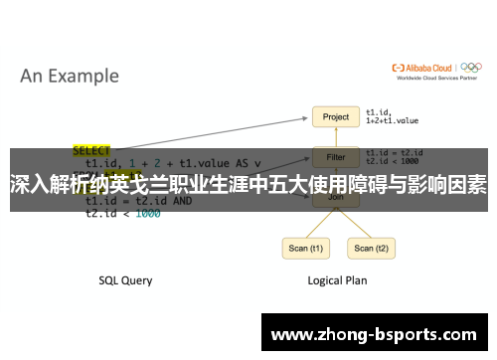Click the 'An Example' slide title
pos(70,76)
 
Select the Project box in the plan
pos(336,116)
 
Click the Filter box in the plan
pos(336,156)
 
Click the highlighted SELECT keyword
pos(91,150)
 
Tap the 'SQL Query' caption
pos(125,280)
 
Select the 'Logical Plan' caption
pos(336,280)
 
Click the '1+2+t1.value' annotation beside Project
pos(395,120)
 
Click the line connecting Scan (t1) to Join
pos(316,223)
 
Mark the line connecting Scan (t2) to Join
pos(354,223)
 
